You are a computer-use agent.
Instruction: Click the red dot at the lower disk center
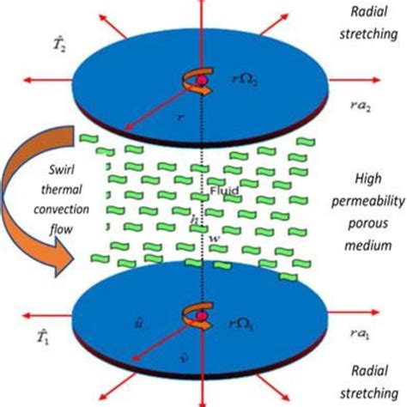tap(204, 318)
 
